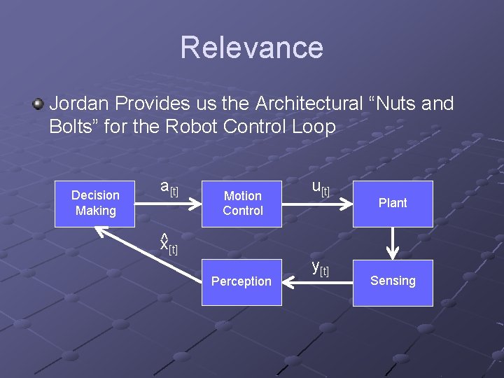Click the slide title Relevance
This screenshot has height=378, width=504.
(251, 48)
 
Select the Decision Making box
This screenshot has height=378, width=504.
(95, 203)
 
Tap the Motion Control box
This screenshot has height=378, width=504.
(242, 203)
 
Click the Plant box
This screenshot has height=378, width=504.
(392, 203)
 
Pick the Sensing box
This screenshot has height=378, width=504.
(392, 281)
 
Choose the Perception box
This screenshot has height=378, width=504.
(241, 281)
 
